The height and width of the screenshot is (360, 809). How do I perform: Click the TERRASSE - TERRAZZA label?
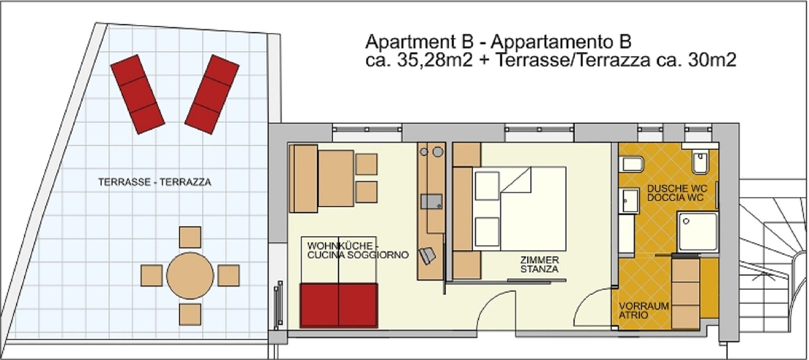click(155, 182)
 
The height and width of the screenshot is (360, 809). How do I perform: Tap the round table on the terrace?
click(190, 276)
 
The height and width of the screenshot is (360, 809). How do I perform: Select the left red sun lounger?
click(137, 94)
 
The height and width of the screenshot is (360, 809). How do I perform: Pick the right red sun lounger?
click(212, 94)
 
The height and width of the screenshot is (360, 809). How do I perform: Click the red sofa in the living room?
click(339, 306)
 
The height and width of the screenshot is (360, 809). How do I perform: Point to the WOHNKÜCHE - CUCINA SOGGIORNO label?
click(358, 250)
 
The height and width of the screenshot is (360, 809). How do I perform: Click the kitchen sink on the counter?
click(432, 201)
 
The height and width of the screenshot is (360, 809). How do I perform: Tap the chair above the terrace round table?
click(190, 237)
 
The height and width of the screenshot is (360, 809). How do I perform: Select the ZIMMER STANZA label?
click(539, 265)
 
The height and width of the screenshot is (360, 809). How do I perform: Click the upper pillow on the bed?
click(487, 185)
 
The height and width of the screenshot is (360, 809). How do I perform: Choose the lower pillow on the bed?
click(487, 232)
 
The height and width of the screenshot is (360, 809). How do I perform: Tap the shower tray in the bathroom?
click(697, 233)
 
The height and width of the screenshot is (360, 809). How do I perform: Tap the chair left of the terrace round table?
click(152, 276)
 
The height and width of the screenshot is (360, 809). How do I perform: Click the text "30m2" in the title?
click(712, 60)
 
